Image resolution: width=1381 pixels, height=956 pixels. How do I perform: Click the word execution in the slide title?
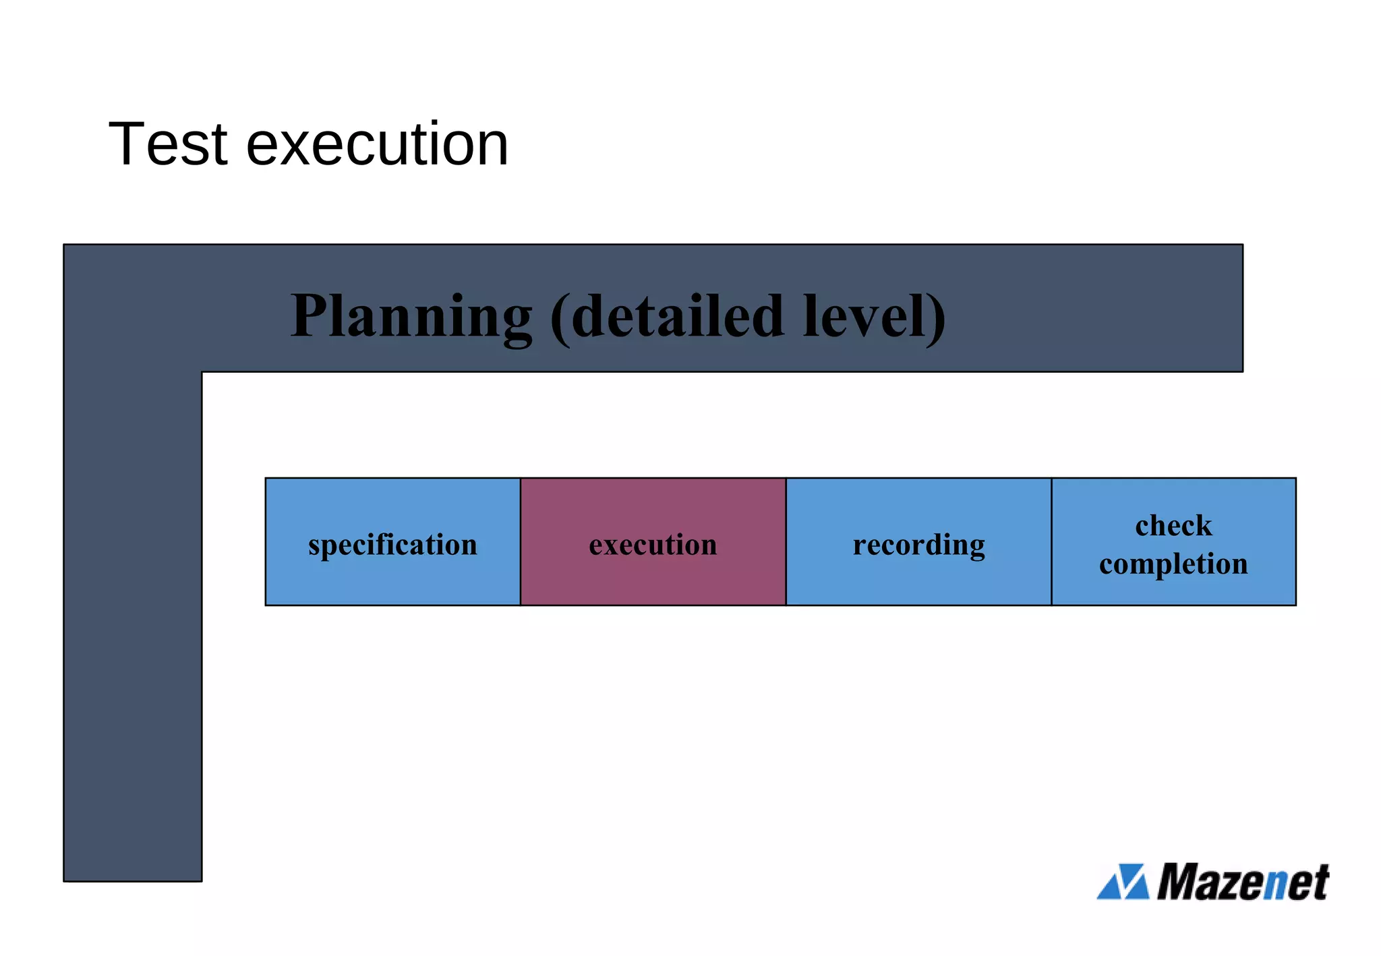(377, 145)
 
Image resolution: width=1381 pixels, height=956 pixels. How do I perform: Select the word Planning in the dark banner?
(411, 317)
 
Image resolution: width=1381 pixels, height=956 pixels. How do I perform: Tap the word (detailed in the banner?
(668, 317)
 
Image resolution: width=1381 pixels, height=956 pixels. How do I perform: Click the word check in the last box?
(1173, 526)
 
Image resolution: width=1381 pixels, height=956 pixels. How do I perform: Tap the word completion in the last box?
(1173, 564)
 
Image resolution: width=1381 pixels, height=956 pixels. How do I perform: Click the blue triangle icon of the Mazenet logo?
(1123, 882)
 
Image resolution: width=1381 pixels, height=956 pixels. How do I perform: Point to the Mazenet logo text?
(1243, 882)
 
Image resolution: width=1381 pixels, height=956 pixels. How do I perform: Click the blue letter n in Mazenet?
(1274, 885)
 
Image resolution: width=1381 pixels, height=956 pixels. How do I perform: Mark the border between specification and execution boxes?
(521, 541)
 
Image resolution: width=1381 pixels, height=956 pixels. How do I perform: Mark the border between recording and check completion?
(1051, 541)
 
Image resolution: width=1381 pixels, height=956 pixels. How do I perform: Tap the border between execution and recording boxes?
(786, 541)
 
